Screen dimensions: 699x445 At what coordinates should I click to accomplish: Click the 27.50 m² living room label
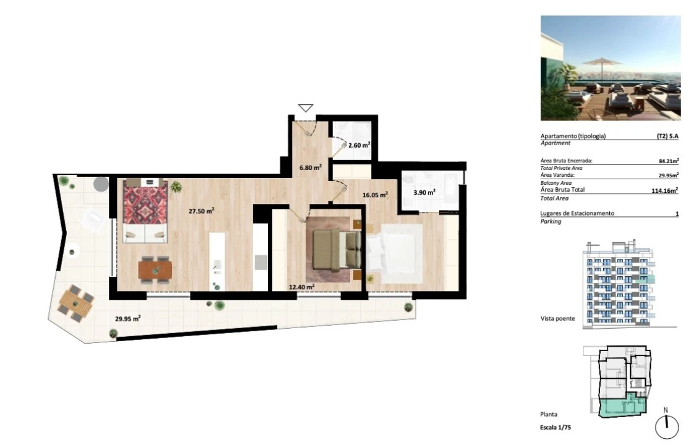[x=201, y=211]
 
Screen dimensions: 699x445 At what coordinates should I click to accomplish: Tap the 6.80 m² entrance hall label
[x=311, y=167]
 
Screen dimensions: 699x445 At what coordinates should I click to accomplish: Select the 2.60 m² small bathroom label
[x=359, y=145]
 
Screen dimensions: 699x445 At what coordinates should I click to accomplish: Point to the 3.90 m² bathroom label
[x=424, y=192]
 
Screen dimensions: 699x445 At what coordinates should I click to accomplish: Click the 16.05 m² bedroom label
[x=375, y=195]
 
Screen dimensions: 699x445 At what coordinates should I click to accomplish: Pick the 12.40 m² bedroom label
[x=302, y=287]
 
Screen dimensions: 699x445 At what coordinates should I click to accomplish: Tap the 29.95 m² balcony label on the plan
[x=128, y=318]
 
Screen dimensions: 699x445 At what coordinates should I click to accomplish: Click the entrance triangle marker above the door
[x=306, y=108]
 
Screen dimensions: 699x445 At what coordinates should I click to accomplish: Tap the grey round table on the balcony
[x=101, y=184]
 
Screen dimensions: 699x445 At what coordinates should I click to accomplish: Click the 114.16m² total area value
[x=665, y=190]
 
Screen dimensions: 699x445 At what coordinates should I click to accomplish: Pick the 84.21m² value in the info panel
[x=669, y=161]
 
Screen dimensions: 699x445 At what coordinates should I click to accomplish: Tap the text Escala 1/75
[x=555, y=428]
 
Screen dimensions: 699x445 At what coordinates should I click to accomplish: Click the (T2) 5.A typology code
[x=667, y=137]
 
